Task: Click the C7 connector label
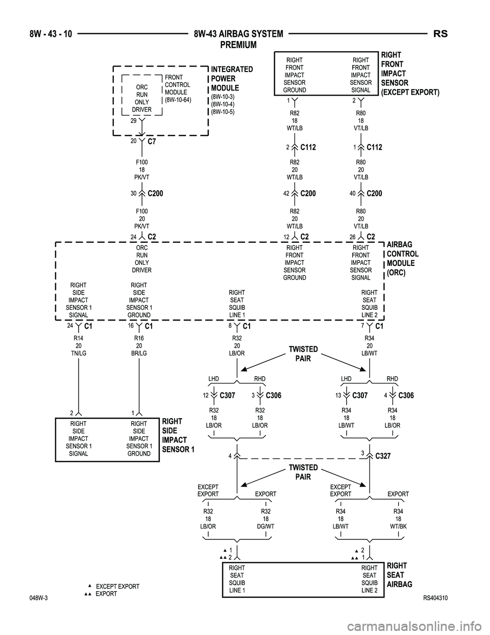pos(151,143)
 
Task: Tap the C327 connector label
pos(383,456)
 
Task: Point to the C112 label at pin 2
pos(308,148)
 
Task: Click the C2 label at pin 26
pos(371,237)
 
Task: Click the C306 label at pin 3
pos(274,396)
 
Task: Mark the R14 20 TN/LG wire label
pos(78,346)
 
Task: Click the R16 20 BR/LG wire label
pos(139,346)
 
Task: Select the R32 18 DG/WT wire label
pos(266,518)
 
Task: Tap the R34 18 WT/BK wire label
pos(398,518)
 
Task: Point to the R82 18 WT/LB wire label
pos(295,121)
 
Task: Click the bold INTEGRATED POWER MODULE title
pos(231,79)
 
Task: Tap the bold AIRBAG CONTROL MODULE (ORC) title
pos(403,259)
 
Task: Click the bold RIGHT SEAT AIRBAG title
pos(399,575)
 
